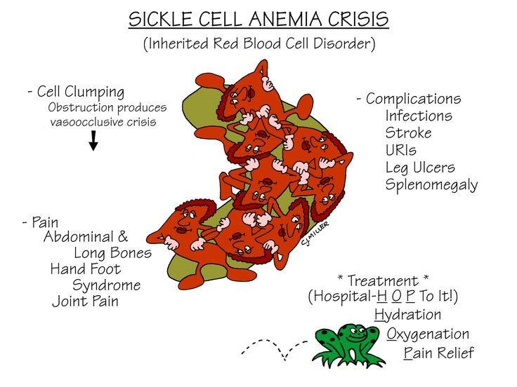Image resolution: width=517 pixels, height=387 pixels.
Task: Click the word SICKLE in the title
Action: (x=160, y=19)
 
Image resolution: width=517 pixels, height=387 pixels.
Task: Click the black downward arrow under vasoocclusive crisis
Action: (x=93, y=140)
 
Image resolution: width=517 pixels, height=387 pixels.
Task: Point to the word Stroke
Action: (x=408, y=133)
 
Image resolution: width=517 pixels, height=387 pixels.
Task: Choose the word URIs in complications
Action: (x=400, y=150)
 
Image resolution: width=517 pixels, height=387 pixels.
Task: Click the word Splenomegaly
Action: (x=431, y=185)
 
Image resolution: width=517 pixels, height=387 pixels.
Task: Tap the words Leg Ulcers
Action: (x=420, y=167)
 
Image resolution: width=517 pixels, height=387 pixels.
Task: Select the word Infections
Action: (x=419, y=116)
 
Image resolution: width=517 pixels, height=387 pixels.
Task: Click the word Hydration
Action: (x=407, y=315)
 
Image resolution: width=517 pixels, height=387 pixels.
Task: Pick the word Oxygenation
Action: (x=428, y=334)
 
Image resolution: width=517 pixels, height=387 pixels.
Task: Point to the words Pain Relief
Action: (x=438, y=353)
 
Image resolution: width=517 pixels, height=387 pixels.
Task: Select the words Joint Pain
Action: (x=85, y=301)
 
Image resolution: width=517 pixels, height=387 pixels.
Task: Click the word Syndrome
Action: (x=106, y=285)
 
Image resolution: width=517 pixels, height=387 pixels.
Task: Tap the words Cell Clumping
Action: (x=81, y=92)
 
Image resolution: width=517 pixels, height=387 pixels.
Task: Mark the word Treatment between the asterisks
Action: (x=383, y=281)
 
